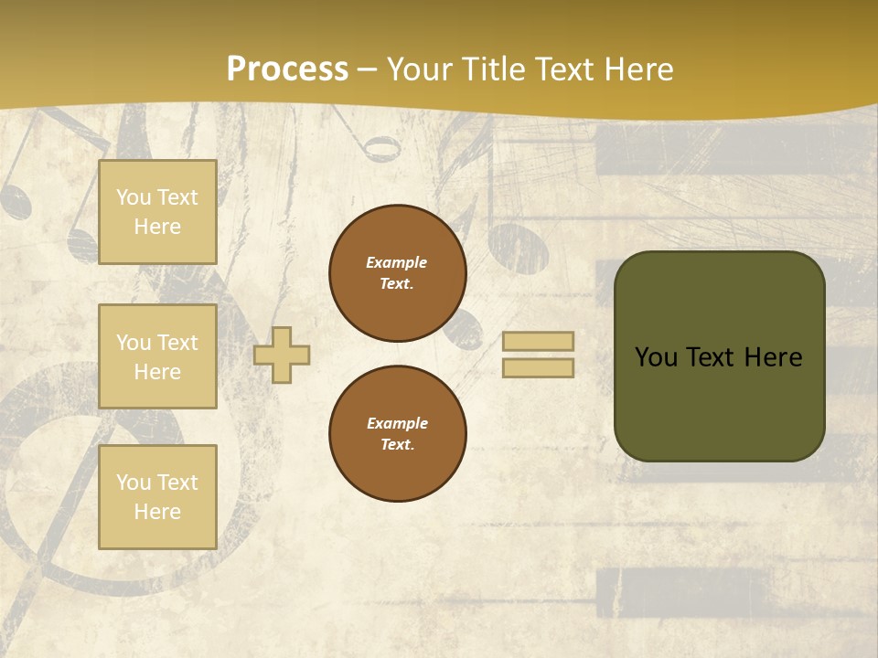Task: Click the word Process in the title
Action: (287, 69)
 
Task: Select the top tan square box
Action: (157, 212)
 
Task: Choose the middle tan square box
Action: (157, 356)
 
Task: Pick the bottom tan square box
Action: (157, 497)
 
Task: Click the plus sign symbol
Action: (282, 355)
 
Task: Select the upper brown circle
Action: (398, 273)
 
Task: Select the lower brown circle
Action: (398, 434)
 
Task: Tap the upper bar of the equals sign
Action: (538, 342)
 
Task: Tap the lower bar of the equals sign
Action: (538, 367)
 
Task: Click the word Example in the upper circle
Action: (397, 262)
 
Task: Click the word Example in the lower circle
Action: (397, 423)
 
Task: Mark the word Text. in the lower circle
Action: (397, 444)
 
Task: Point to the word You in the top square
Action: (134, 197)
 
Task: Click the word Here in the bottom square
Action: (157, 512)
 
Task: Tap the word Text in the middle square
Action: (177, 343)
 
